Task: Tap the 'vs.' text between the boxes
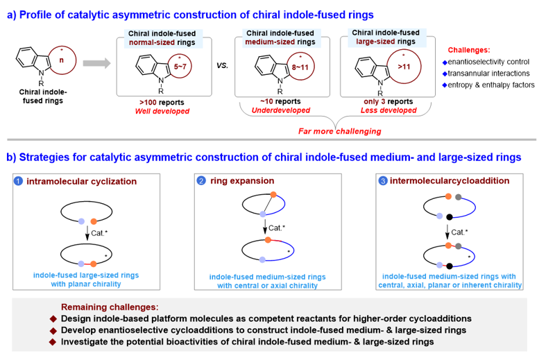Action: click(222, 66)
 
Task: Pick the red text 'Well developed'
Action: click(164, 111)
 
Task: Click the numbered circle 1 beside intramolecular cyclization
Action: click(20, 181)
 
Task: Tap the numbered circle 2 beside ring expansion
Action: click(201, 181)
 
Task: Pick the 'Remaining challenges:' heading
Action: click(111, 306)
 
